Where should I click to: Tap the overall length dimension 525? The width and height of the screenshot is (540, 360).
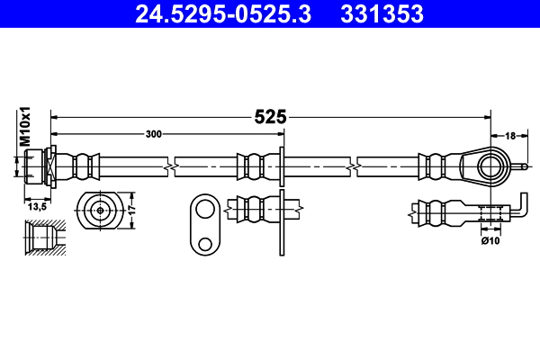[270, 116]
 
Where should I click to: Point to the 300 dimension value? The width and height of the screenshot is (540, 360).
[154, 134]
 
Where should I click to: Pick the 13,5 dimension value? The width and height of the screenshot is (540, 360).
[37, 206]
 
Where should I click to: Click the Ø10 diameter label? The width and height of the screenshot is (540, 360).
[490, 240]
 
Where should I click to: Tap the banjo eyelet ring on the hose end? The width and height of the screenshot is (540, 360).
[490, 166]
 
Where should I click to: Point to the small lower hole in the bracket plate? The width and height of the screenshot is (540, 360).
[205, 243]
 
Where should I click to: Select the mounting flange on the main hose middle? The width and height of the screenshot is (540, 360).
[283, 166]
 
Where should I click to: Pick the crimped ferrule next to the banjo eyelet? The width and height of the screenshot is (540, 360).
[435, 166]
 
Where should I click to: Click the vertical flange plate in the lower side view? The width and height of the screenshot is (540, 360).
[283, 220]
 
